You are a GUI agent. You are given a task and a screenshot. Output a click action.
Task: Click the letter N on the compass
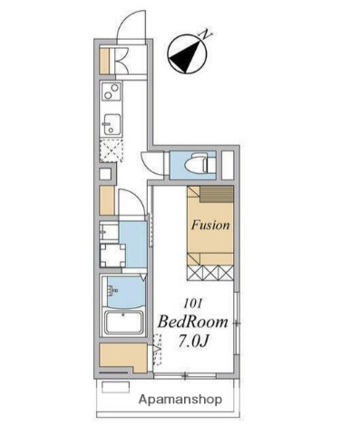pyautogui.click(x=207, y=34)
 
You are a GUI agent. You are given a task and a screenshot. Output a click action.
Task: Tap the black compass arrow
pyautogui.click(x=186, y=57)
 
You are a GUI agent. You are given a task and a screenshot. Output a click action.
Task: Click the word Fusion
pyautogui.click(x=210, y=225)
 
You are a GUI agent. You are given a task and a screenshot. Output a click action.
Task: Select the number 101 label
pyautogui.click(x=192, y=304)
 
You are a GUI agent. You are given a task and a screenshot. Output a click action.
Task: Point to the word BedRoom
pyautogui.click(x=192, y=323)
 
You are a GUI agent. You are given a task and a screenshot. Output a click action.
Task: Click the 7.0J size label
pyautogui.click(x=194, y=342)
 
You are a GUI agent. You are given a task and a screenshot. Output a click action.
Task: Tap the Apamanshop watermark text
pyautogui.click(x=180, y=400)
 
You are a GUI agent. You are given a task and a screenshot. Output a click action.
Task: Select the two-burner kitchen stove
pyautogui.click(x=111, y=92)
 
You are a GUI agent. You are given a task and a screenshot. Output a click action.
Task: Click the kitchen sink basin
pyautogui.click(x=112, y=124)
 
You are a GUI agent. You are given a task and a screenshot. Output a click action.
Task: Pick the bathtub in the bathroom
pyautogui.click(x=123, y=322)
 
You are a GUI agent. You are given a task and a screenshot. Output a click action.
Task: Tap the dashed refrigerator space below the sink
pyautogui.click(x=112, y=151)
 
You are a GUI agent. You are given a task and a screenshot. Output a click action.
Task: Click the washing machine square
pyautogui.click(x=112, y=256)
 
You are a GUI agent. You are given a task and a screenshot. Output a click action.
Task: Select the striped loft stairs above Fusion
pyautogui.click(x=217, y=194)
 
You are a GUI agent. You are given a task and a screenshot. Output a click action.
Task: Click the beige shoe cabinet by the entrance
pyautogui.click(x=104, y=61)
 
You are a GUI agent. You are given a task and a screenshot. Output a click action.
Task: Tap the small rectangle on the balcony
pyautogui.click(x=116, y=387)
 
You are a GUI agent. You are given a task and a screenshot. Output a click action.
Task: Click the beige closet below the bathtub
pyautogui.click(x=123, y=357)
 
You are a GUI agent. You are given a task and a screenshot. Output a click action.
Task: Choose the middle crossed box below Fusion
pyautogui.click(x=210, y=272)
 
